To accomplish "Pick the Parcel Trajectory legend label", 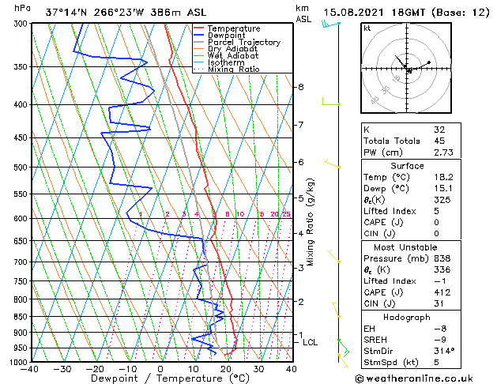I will [244, 43].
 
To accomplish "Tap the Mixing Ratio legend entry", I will [233, 70].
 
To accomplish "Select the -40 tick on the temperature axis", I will [30, 369].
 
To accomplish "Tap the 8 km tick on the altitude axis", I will [301, 87].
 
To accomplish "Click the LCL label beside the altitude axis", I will [311, 342].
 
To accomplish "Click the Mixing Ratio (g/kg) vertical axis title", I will [311, 222].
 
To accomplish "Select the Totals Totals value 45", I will [440, 141].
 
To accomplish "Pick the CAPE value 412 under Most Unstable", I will [442, 292].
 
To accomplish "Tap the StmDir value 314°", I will [445, 351].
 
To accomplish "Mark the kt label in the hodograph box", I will [367, 28].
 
